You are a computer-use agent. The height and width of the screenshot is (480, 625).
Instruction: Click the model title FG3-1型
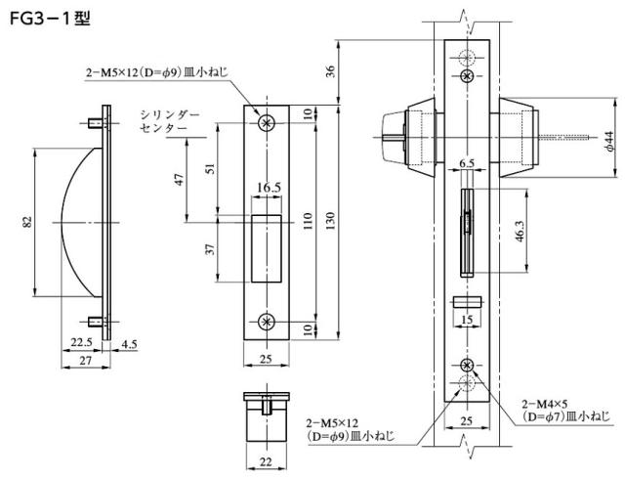[49, 19]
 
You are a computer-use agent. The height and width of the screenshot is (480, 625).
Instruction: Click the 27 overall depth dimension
[87, 360]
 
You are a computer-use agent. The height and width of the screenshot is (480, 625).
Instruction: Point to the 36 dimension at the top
[329, 69]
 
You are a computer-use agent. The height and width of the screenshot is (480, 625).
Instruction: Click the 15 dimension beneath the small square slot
[467, 320]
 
